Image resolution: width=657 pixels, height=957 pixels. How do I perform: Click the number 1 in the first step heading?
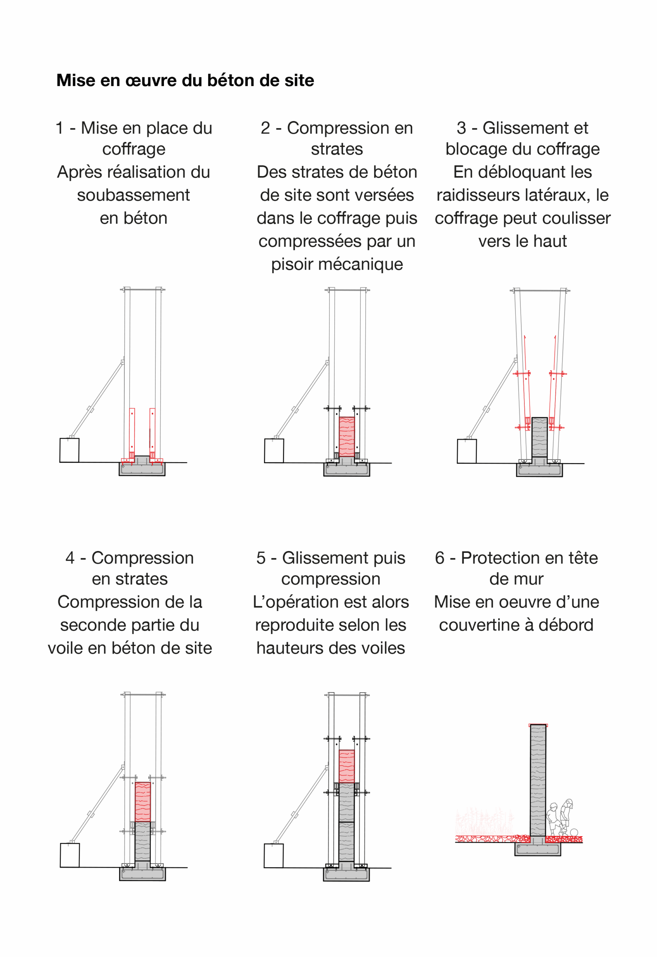(x=60, y=128)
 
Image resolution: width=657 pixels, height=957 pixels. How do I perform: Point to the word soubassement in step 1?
(x=133, y=195)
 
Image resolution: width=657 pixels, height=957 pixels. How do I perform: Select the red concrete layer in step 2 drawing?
(x=347, y=437)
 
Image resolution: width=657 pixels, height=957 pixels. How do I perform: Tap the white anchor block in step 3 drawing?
(x=467, y=451)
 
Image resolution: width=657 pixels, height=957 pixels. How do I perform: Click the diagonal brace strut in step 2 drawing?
(x=302, y=400)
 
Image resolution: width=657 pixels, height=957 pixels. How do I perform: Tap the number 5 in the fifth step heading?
(x=261, y=558)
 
